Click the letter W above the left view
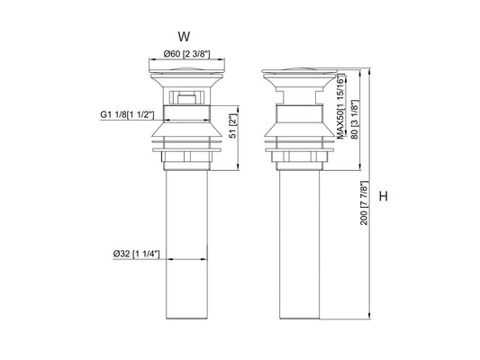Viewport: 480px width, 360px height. pyautogui.click(x=184, y=37)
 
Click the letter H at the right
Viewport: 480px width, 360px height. pyautogui.click(x=385, y=197)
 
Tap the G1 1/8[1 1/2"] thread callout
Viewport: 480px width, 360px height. pyautogui.click(x=127, y=115)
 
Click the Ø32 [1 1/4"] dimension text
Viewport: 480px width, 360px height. pyautogui.click(x=136, y=255)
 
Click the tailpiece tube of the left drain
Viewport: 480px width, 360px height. pyautogui.click(x=184, y=243)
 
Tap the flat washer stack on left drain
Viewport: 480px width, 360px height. pyautogui.click(x=184, y=145)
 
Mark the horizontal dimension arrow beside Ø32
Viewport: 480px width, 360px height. pyautogui.click(x=184, y=260)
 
